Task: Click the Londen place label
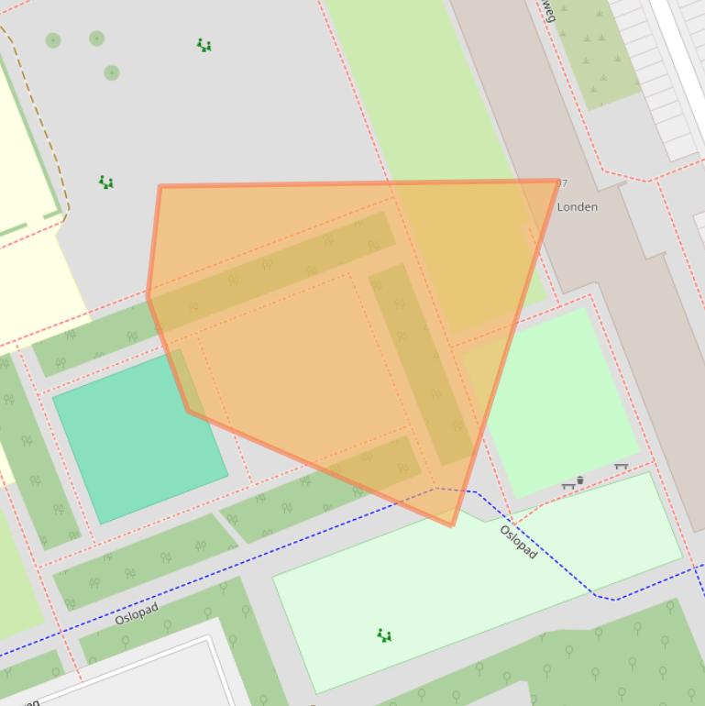(578, 207)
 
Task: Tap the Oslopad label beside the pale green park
(518, 541)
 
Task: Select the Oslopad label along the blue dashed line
(137, 613)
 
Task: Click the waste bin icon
(579, 480)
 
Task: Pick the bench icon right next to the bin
(568, 486)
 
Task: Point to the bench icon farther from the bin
(621, 467)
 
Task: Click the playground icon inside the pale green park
(385, 634)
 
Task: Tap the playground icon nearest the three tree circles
(204, 45)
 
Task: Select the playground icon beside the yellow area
(106, 182)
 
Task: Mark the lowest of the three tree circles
(111, 72)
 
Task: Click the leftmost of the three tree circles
(53, 40)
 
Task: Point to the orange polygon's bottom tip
(452, 525)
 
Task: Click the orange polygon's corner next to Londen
(557, 182)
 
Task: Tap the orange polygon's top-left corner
(160, 187)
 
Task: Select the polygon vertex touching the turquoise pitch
(189, 412)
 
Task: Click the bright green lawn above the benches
(559, 394)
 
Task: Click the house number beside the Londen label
(562, 183)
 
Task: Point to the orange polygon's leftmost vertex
(148, 295)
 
